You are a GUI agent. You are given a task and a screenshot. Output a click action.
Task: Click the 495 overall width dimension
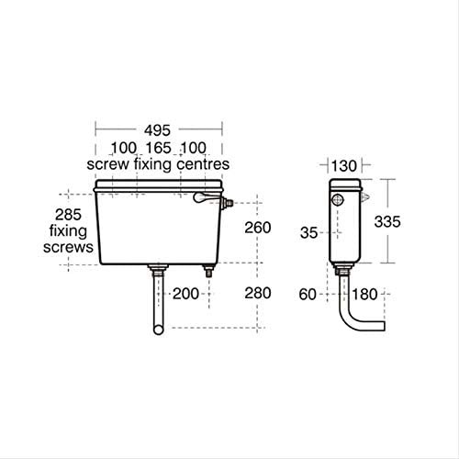click(x=161, y=130)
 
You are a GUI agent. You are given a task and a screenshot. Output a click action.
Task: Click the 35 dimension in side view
click(x=309, y=233)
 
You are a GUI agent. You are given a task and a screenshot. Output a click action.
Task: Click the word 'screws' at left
click(x=69, y=248)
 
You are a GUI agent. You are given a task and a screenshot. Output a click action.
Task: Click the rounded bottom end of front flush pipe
click(x=159, y=329)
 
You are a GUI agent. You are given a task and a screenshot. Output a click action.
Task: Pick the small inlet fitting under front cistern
click(x=208, y=271)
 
